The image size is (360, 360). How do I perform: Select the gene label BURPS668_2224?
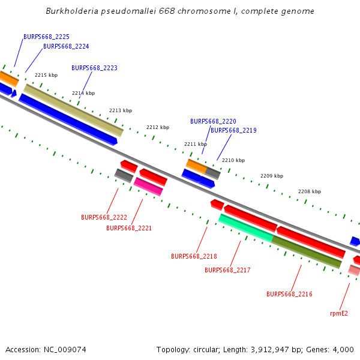click(66, 46)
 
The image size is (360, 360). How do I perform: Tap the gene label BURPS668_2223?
click(94, 68)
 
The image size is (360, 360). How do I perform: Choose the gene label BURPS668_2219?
click(233, 130)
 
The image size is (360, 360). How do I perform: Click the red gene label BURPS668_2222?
click(104, 217)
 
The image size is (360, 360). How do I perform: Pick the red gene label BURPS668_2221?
click(129, 228)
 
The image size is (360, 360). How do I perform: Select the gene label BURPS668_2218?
click(194, 256)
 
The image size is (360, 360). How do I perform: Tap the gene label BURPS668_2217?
click(227, 270)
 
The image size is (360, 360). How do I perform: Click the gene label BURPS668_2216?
click(289, 294)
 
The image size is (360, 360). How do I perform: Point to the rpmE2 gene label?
click(339, 313)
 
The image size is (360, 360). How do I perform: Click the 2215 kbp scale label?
click(46, 75)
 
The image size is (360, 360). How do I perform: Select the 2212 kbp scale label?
click(158, 127)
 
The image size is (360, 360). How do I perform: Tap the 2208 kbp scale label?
click(310, 191)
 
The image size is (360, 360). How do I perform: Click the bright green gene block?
click(246, 227)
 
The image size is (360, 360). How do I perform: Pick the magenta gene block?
click(148, 186)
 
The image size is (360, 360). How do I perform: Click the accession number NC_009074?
click(46, 349)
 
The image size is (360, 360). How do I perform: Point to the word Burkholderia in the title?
click(71, 11)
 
